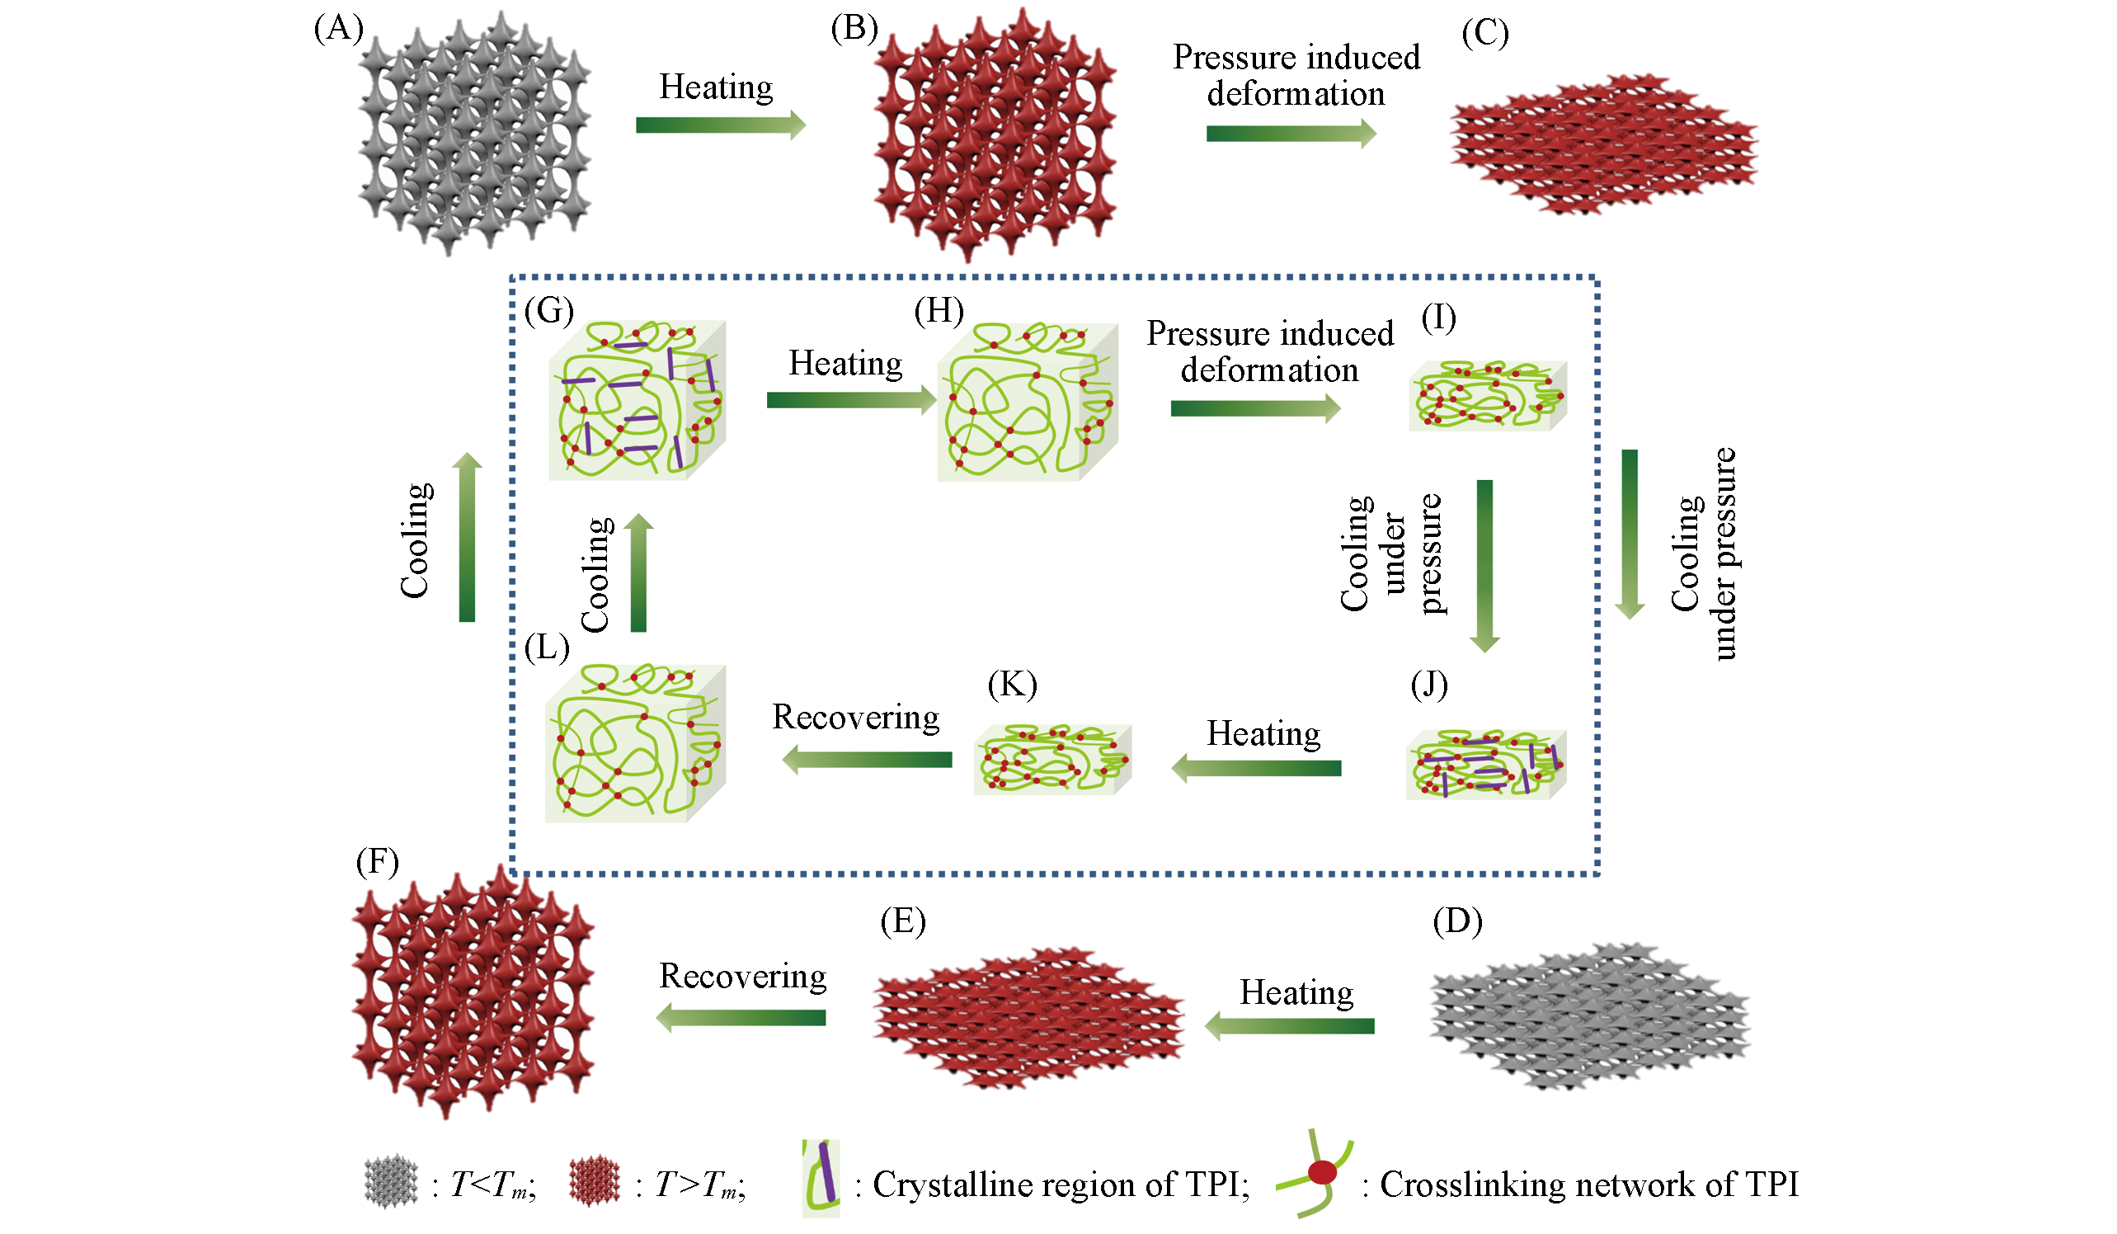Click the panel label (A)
coord(339,30)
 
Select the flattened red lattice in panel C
coord(1603,143)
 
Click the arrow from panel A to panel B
coord(720,125)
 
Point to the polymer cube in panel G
coord(637,400)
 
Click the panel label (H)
coord(939,312)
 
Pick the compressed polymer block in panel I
coord(1487,395)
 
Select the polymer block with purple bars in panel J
coord(1485,765)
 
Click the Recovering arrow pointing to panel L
coord(867,760)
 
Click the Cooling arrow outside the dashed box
coord(467,538)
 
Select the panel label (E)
coord(903,921)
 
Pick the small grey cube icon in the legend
coord(391,1183)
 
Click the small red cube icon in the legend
coord(594,1183)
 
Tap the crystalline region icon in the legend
coord(821,1178)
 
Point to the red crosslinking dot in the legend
coord(1322,1173)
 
